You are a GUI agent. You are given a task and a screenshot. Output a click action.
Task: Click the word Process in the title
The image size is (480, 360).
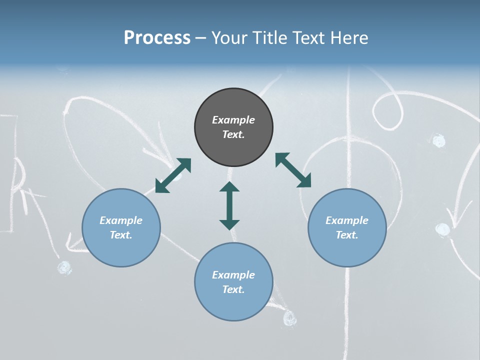tap(157, 38)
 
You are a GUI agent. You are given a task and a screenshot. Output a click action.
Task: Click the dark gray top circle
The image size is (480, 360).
tap(233, 127)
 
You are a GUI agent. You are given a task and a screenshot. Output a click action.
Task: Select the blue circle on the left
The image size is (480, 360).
tap(121, 227)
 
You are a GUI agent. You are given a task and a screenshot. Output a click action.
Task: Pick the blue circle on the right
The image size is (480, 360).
tap(347, 227)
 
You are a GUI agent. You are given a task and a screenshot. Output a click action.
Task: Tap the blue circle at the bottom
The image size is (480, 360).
tap(233, 282)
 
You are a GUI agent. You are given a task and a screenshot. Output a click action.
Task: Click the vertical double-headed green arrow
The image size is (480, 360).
tap(229, 205)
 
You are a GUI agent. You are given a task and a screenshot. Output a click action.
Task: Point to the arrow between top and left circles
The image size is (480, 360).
tap(173, 175)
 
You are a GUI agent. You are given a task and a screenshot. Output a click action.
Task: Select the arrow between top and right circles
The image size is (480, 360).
tap(293, 170)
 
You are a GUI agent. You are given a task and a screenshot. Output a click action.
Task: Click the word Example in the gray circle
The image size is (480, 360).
tap(233, 120)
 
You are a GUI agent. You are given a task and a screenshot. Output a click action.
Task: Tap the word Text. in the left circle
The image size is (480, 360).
tap(121, 235)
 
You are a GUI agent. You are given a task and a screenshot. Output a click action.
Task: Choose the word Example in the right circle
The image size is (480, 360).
tap(347, 220)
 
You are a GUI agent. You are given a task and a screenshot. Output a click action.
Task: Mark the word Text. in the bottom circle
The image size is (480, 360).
tap(233, 289)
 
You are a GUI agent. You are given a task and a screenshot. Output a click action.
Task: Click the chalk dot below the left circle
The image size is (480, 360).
tap(64, 268)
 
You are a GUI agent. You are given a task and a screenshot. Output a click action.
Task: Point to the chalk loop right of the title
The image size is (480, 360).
tap(387, 110)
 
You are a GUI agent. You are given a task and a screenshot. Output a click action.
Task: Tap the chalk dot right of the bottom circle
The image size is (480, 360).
tap(290, 317)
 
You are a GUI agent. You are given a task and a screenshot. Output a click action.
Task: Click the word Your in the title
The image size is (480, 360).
tap(228, 38)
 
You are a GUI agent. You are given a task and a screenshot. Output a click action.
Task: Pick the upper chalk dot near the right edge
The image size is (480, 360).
tap(438, 141)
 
